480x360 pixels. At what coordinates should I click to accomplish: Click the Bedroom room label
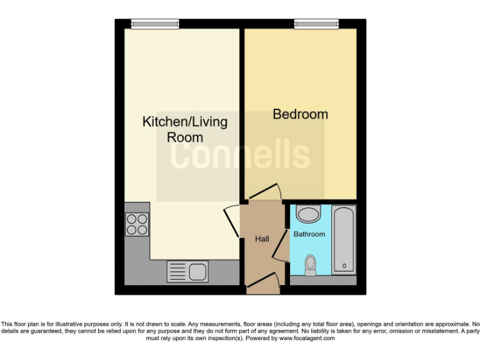[300, 114]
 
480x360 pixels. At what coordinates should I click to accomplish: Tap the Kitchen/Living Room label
[185, 129]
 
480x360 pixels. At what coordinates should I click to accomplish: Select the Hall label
[262, 239]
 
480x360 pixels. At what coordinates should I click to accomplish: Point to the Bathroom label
[309, 234]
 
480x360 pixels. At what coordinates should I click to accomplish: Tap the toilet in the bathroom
[310, 266]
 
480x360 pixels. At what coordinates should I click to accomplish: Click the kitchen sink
[198, 272]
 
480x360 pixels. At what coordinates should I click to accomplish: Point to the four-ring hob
[137, 224]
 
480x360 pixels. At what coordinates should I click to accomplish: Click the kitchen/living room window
[155, 24]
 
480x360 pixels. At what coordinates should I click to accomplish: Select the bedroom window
[316, 24]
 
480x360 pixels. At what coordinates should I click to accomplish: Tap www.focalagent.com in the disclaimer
[307, 338]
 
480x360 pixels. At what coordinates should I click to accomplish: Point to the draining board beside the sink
[177, 272]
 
